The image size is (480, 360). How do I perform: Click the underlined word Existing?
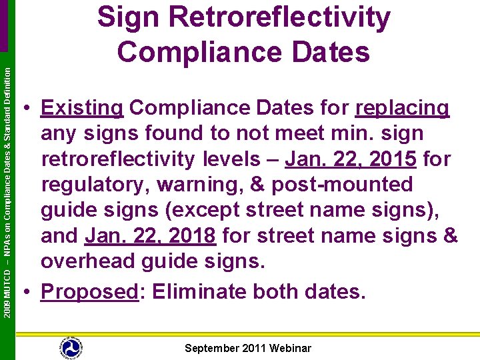tap(82, 107)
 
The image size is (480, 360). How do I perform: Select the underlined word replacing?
tap(403, 107)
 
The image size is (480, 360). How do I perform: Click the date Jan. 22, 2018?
tap(151, 236)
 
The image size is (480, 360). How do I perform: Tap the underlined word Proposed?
tap(89, 291)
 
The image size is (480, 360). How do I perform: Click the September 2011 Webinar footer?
tap(247, 348)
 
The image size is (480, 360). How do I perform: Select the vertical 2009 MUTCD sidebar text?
tap(7, 193)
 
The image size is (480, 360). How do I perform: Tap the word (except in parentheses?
tap(201, 211)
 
